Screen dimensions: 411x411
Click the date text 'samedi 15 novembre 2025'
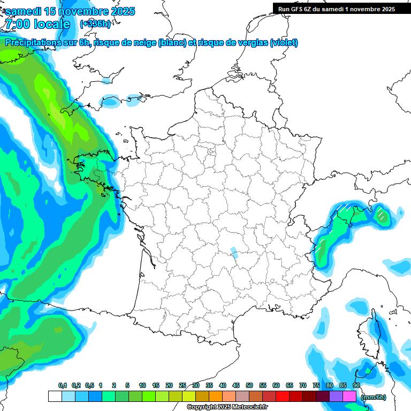(x=70, y=11)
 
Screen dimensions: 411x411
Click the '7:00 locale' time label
(x=37, y=24)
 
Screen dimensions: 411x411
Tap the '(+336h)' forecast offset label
(x=95, y=24)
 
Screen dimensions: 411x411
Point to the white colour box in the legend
(x=55, y=396)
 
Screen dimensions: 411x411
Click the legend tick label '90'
(x=356, y=385)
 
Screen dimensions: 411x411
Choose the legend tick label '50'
(x=249, y=385)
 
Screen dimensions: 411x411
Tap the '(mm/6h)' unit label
(x=373, y=397)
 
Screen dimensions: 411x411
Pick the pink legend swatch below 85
(x=349, y=396)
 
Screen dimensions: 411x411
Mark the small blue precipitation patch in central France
(x=233, y=251)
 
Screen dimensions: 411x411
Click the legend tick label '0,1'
(x=63, y=385)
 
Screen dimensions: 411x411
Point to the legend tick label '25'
(x=182, y=385)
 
